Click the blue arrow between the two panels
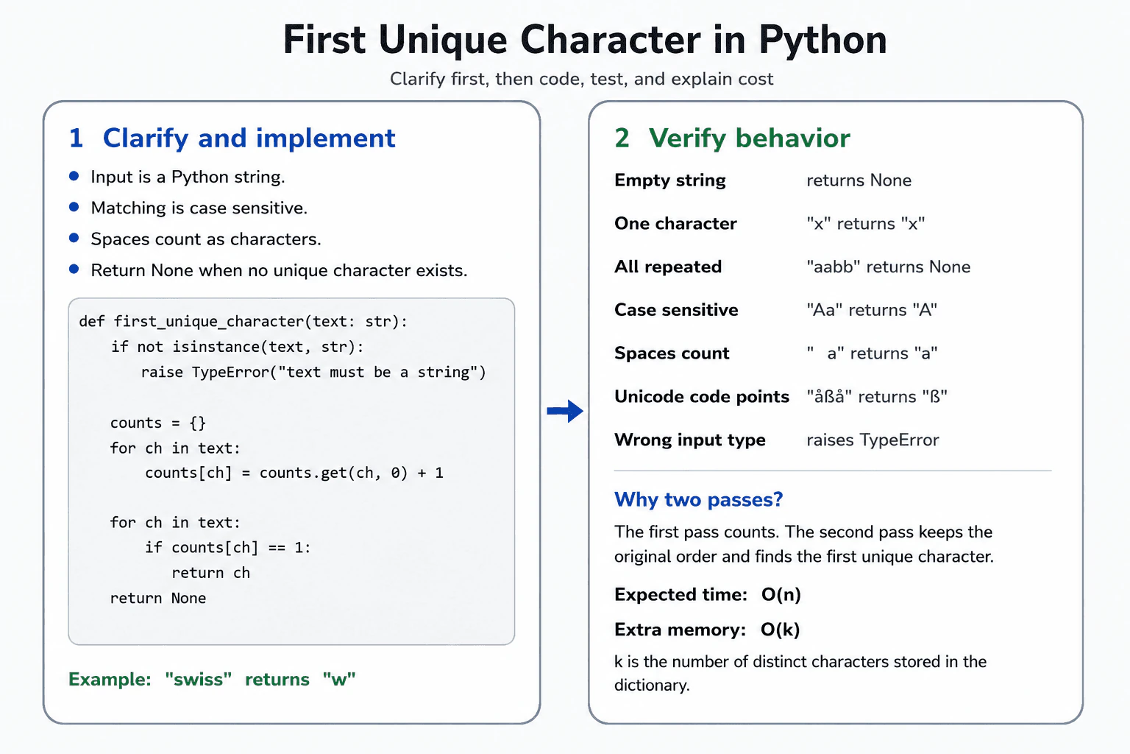click(565, 411)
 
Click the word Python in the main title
click(822, 40)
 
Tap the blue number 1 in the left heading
click(77, 138)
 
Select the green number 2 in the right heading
click(622, 138)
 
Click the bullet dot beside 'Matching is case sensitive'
click(74, 207)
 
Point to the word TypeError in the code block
click(230, 372)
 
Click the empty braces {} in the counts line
click(198, 423)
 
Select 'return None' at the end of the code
click(158, 598)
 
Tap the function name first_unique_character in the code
click(208, 322)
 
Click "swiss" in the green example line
click(198, 679)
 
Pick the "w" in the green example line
click(339, 679)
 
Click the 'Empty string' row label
click(670, 180)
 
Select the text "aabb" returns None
click(889, 267)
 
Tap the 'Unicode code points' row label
click(702, 397)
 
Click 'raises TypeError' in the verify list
click(873, 440)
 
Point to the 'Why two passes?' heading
click(699, 499)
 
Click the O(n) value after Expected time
click(781, 595)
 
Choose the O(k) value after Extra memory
click(781, 630)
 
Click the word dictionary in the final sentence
click(652, 686)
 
